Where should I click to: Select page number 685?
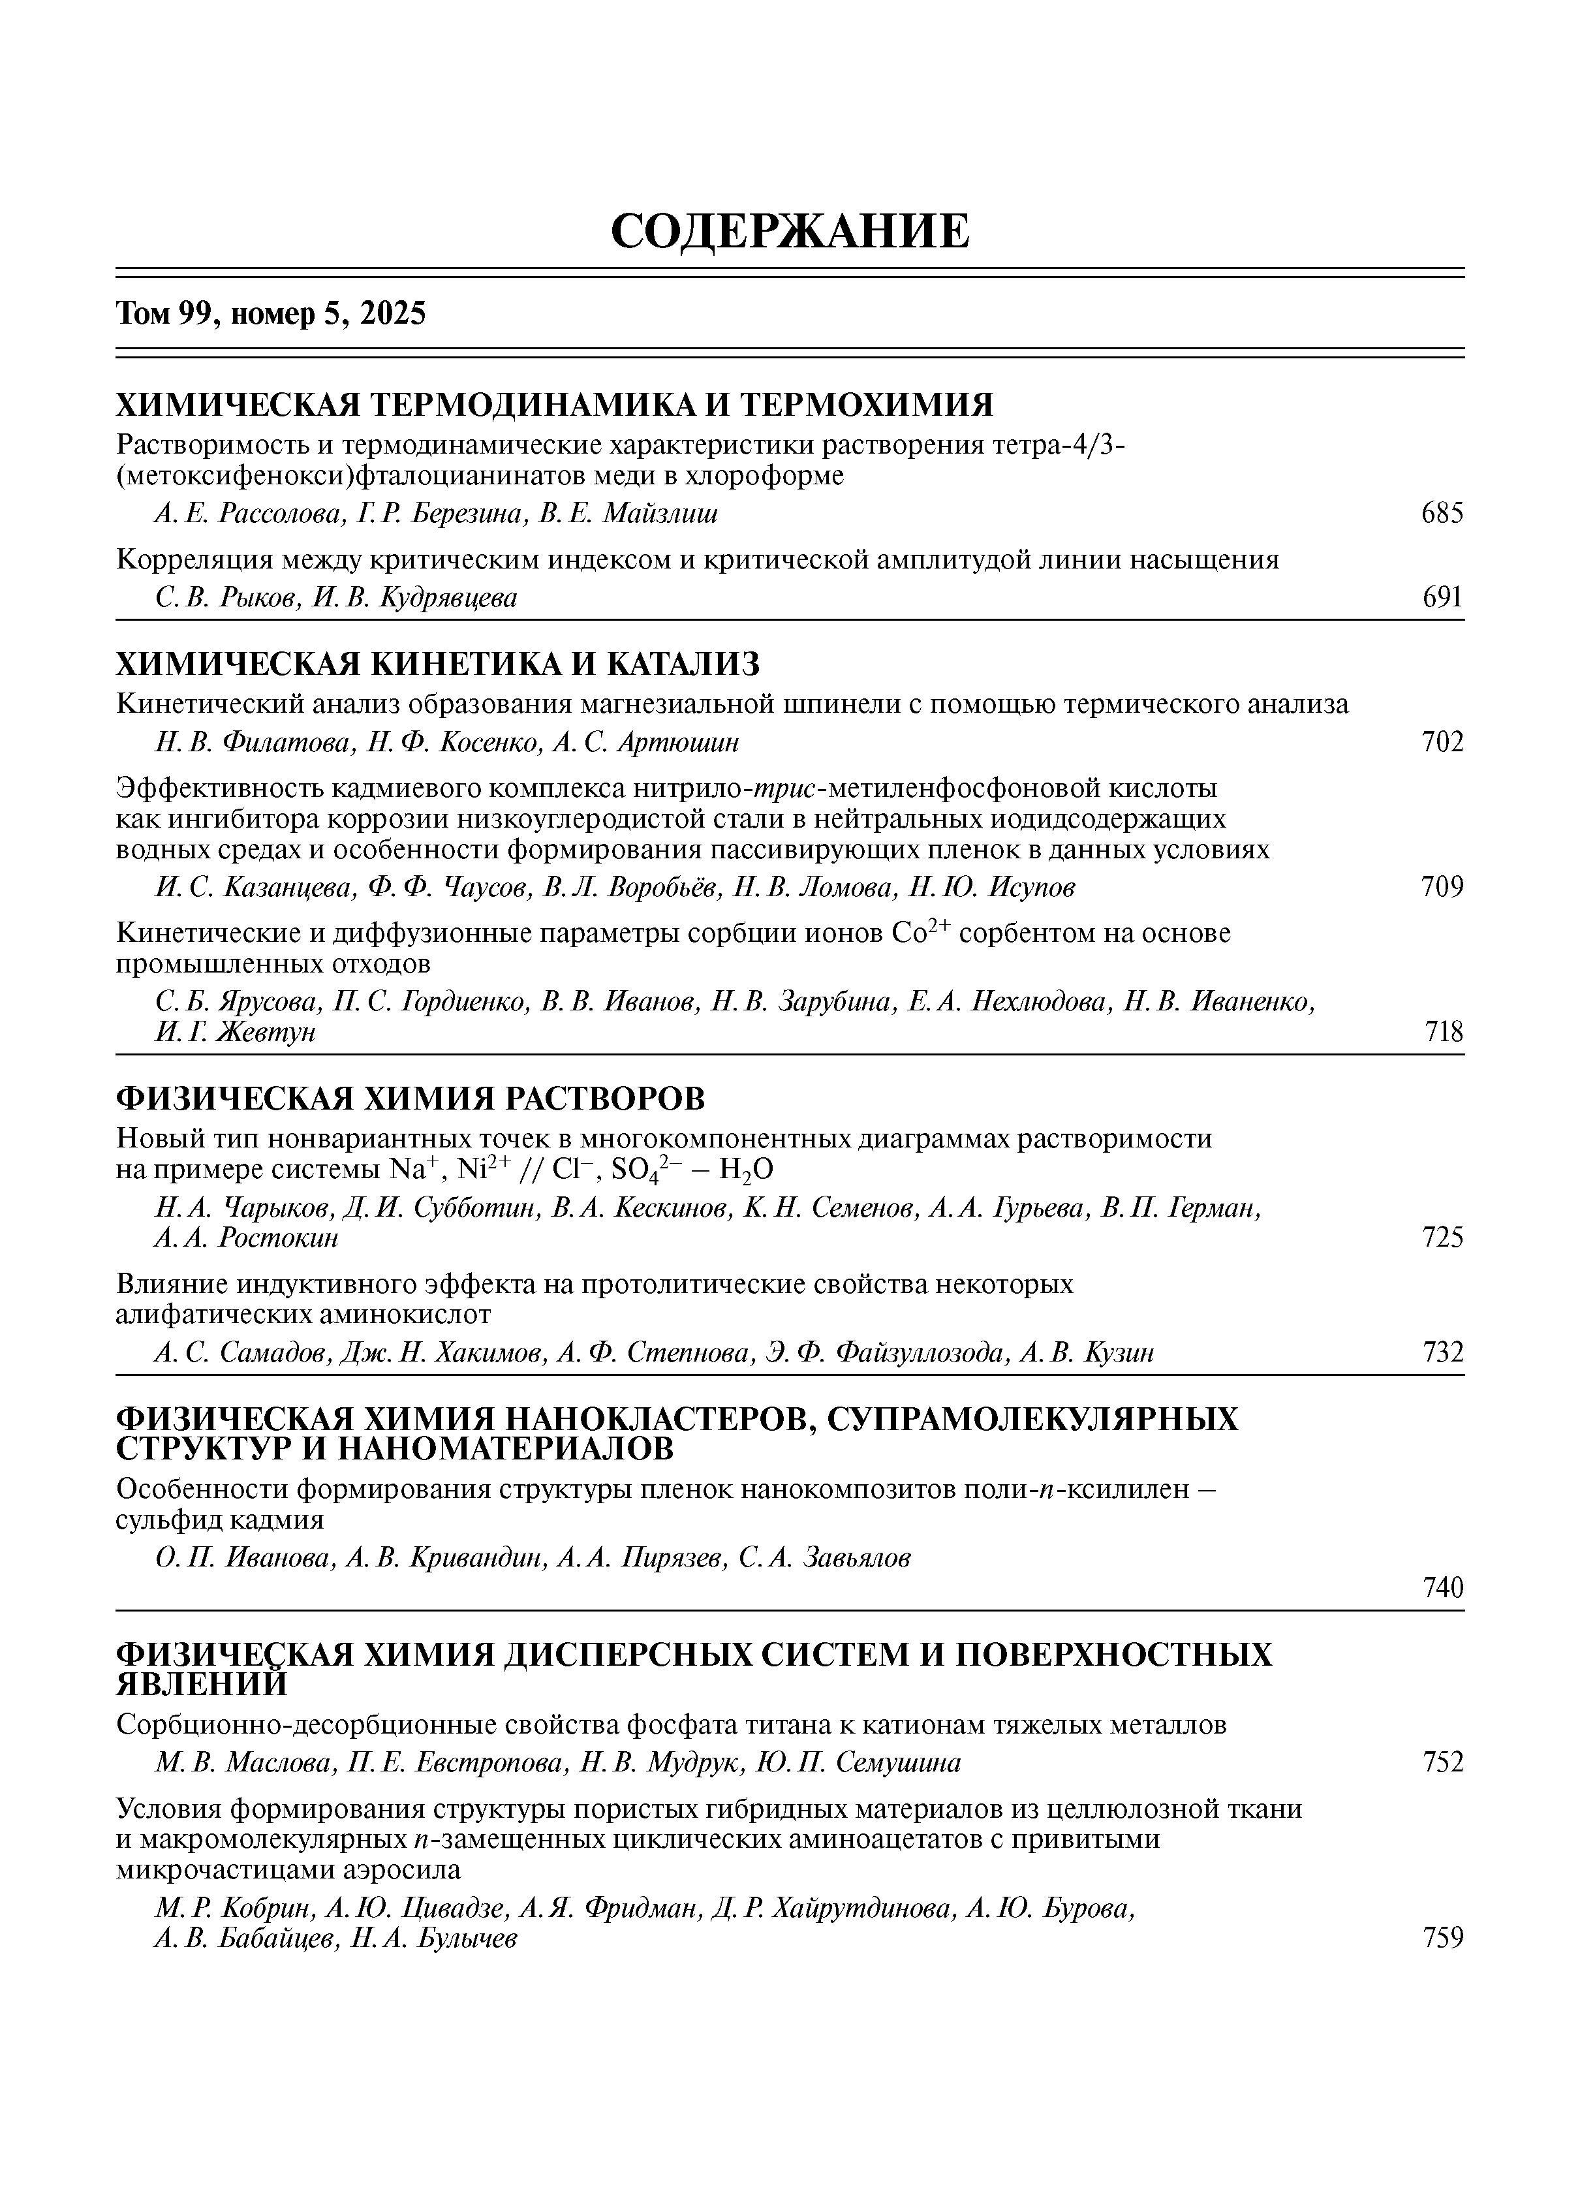(x=1442, y=514)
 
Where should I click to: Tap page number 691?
(x=1442, y=598)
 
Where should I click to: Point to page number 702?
(x=1442, y=743)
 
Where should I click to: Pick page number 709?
(x=1442, y=887)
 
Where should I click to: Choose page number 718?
(x=1444, y=1033)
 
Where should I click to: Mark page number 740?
(x=1442, y=1587)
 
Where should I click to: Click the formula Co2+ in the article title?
(x=920, y=932)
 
